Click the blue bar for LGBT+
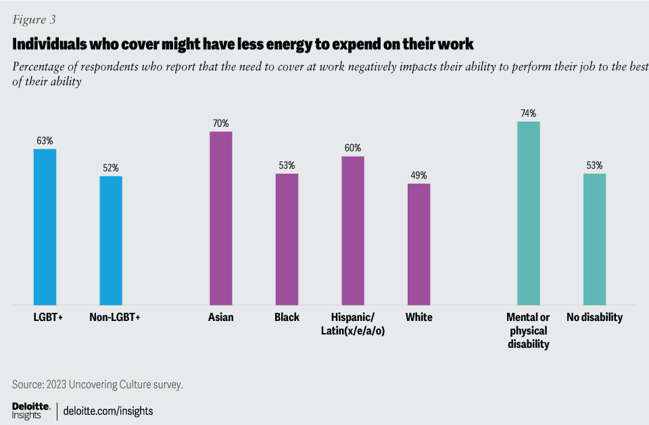[x=45, y=227]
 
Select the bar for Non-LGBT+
[x=111, y=241]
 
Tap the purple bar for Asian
[x=220, y=218]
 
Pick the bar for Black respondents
[x=287, y=239]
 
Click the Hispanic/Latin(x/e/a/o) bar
[x=353, y=230]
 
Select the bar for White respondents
[x=418, y=244]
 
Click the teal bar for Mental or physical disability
[x=529, y=214]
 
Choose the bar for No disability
[x=594, y=239]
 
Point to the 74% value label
[x=529, y=114]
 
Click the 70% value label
[x=220, y=124]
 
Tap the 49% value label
[x=418, y=176]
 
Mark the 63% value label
[x=45, y=141]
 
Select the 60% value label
[x=353, y=148]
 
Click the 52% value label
[x=111, y=168]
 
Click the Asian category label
[x=220, y=317]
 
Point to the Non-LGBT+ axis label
[x=114, y=317]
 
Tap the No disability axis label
[x=594, y=317]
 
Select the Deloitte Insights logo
[x=31, y=410]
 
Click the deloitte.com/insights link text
[x=108, y=410]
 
